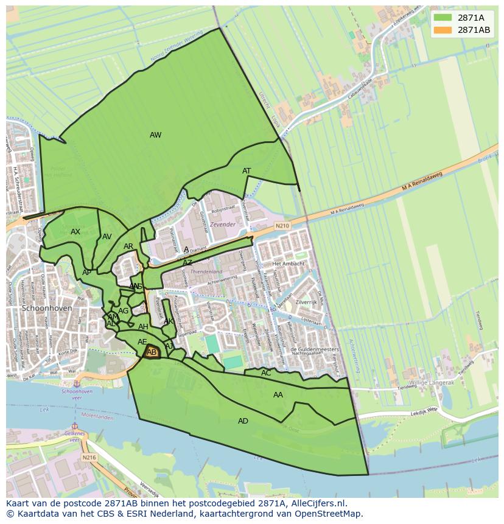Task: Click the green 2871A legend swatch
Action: click(442, 17)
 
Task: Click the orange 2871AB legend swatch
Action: click(442, 29)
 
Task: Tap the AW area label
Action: click(155, 135)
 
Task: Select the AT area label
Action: click(247, 171)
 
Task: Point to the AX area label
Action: click(75, 232)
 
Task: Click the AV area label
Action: click(107, 237)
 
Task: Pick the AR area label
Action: click(128, 246)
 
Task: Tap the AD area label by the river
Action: click(243, 421)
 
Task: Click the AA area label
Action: click(278, 395)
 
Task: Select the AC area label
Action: click(266, 373)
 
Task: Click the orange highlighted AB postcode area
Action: click(152, 352)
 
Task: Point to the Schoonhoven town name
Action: click(47, 309)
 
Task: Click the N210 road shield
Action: click(282, 226)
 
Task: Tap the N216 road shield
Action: click(89, 457)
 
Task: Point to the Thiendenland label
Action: click(206, 271)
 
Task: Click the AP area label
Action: click(87, 273)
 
